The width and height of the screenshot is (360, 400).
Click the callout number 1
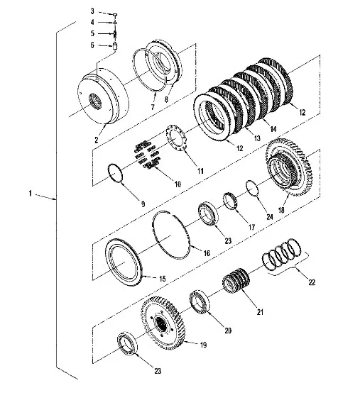30,194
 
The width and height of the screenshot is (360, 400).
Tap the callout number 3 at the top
92,11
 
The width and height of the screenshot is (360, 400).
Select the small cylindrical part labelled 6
115,47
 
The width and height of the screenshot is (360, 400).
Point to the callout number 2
96,140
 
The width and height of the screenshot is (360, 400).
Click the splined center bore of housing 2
95,101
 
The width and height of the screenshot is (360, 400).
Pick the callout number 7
153,107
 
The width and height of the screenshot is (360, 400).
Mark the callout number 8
166,99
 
